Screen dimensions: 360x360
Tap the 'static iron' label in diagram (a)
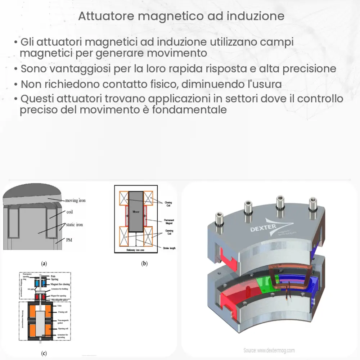74,225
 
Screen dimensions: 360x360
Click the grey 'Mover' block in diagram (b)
136,212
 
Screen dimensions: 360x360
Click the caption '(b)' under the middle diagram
144,264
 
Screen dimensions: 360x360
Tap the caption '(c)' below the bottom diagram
44,353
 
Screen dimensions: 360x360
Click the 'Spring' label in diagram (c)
55,279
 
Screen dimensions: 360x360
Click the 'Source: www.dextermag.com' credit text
269,350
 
